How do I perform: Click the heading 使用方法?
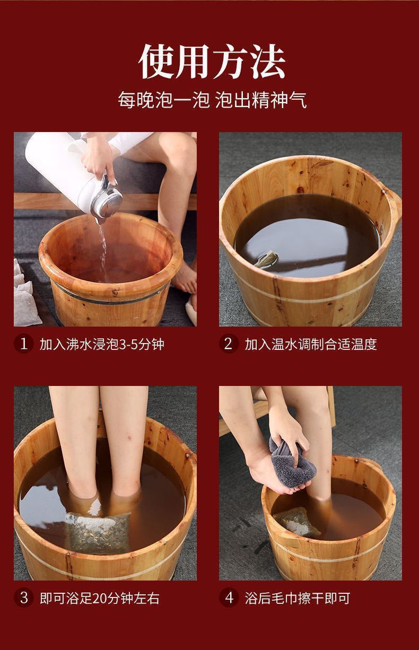click(x=212, y=62)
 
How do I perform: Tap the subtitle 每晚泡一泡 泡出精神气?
click(x=212, y=100)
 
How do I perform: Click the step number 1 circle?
click(x=24, y=344)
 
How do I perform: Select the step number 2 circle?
click(x=229, y=344)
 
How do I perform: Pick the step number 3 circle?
click(x=24, y=598)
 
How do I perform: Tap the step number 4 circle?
click(x=229, y=598)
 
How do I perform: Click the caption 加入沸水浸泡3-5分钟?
click(x=102, y=345)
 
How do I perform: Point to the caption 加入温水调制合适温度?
click(x=311, y=345)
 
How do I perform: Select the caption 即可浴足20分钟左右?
click(x=100, y=598)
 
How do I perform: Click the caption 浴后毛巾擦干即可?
click(x=298, y=598)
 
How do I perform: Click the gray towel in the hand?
click(x=292, y=462)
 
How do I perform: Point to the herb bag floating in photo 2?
click(x=267, y=259)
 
